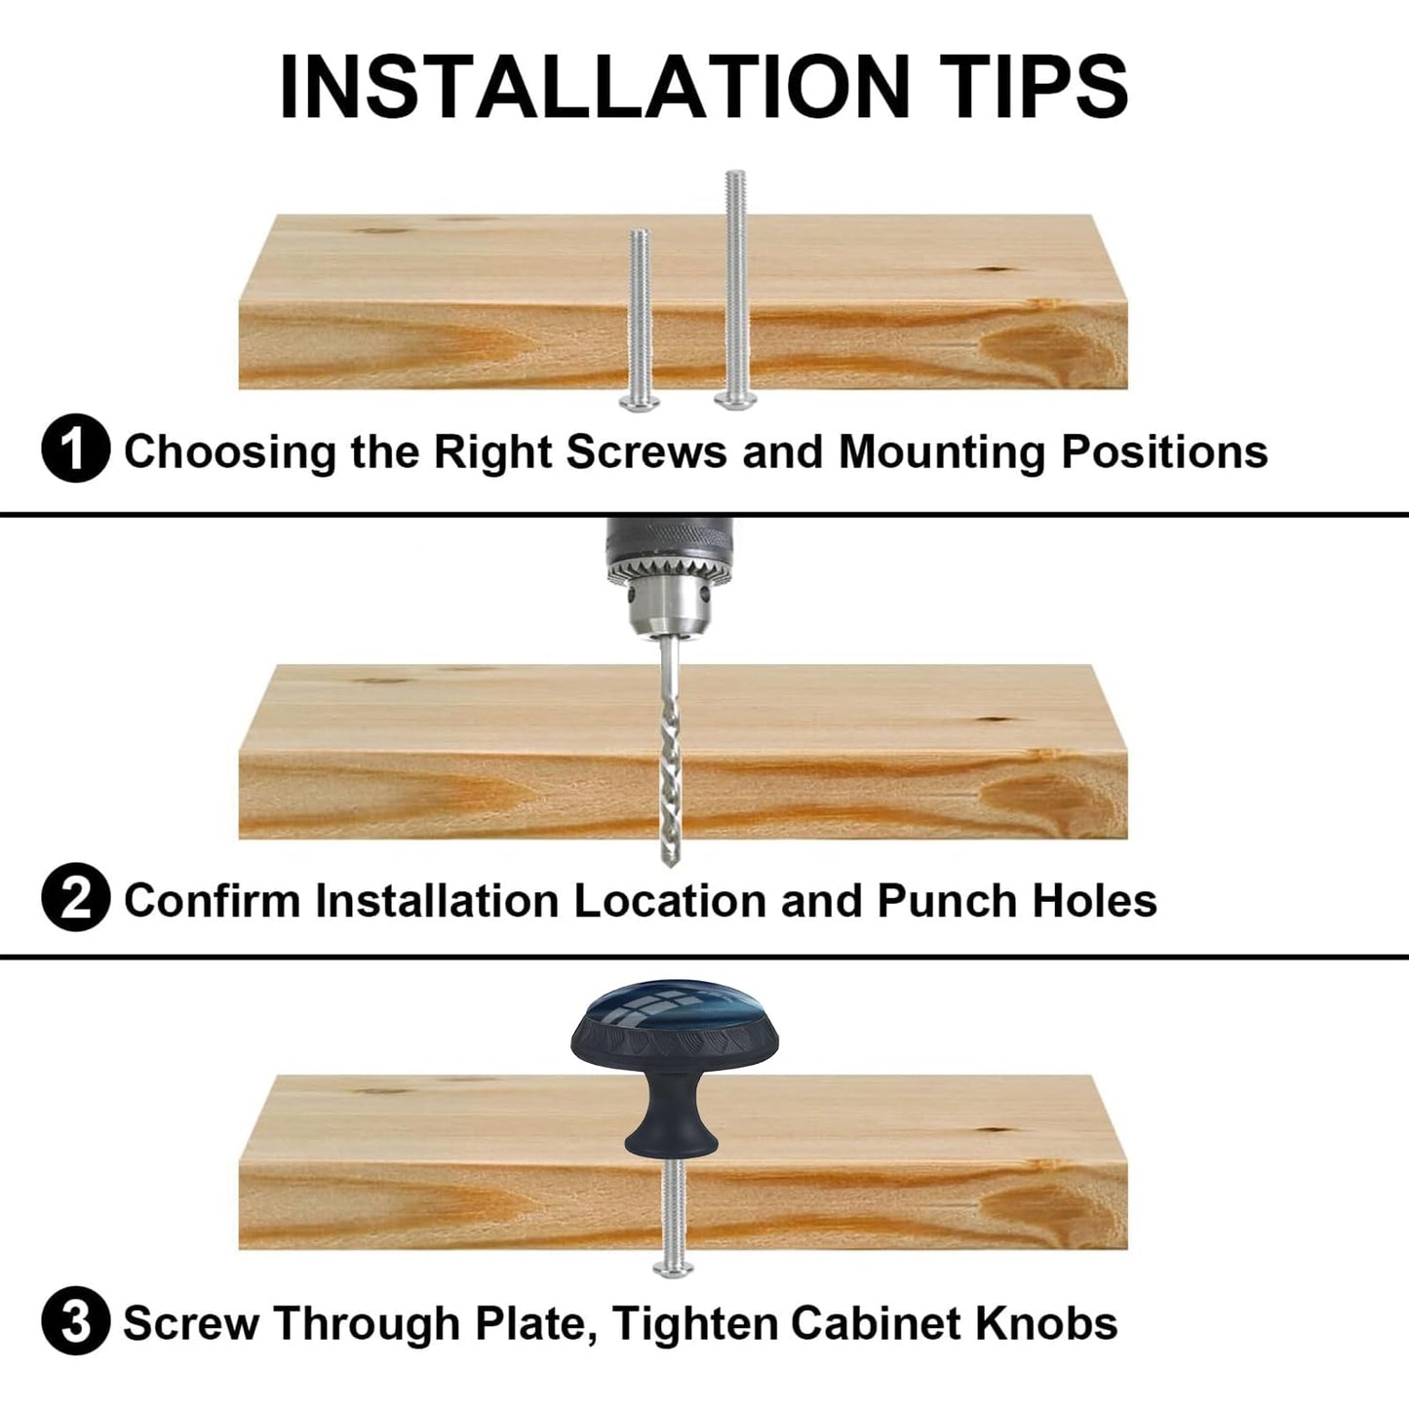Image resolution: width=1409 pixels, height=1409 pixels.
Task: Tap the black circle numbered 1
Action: pyautogui.click(x=76, y=449)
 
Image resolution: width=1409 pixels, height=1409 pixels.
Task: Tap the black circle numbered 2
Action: pyautogui.click(x=76, y=897)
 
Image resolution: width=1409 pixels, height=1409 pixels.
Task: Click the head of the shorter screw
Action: pyautogui.click(x=639, y=402)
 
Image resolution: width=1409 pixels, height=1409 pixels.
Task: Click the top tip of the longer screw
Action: pyautogui.click(x=735, y=173)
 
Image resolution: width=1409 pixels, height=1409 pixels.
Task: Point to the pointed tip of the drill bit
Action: pyautogui.click(x=669, y=867)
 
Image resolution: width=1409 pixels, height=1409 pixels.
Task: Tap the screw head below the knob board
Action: pyautogui.click(x=673, y=1269)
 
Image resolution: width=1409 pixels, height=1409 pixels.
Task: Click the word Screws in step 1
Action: pyautogui.click(x=647, y=451)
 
